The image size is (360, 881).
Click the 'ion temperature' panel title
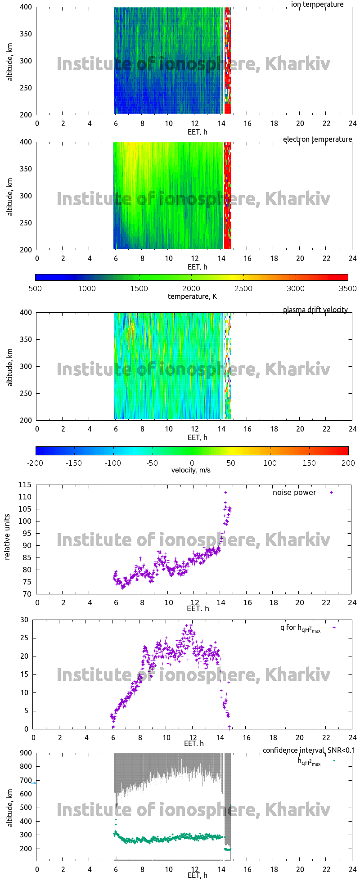(x=317, y=4)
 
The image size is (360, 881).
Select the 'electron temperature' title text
(x=317, y=139)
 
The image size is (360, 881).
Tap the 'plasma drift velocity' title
(x=315, y=310)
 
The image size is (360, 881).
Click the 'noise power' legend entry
(x=294, y=493)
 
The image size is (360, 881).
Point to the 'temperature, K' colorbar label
(x=192, y=297)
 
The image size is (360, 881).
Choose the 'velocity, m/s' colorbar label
(x=191, y=471)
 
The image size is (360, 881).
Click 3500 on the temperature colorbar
(x=347, y=289)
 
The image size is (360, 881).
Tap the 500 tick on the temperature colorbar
(x=35, y=289)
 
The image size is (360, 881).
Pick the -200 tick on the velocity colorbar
(x=36, y=463)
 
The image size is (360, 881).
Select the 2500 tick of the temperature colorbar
(x=243, y=289)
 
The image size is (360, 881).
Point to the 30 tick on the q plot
(x=24, y=620)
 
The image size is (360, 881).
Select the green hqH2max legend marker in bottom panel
(x=334, y=761)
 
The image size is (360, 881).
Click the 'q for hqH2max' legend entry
(x=300, y=628)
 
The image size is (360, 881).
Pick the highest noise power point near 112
(x=226, y=493)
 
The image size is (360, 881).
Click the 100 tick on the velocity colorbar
(x=270, y=463)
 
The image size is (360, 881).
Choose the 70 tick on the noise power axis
(x=27, y=594)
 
